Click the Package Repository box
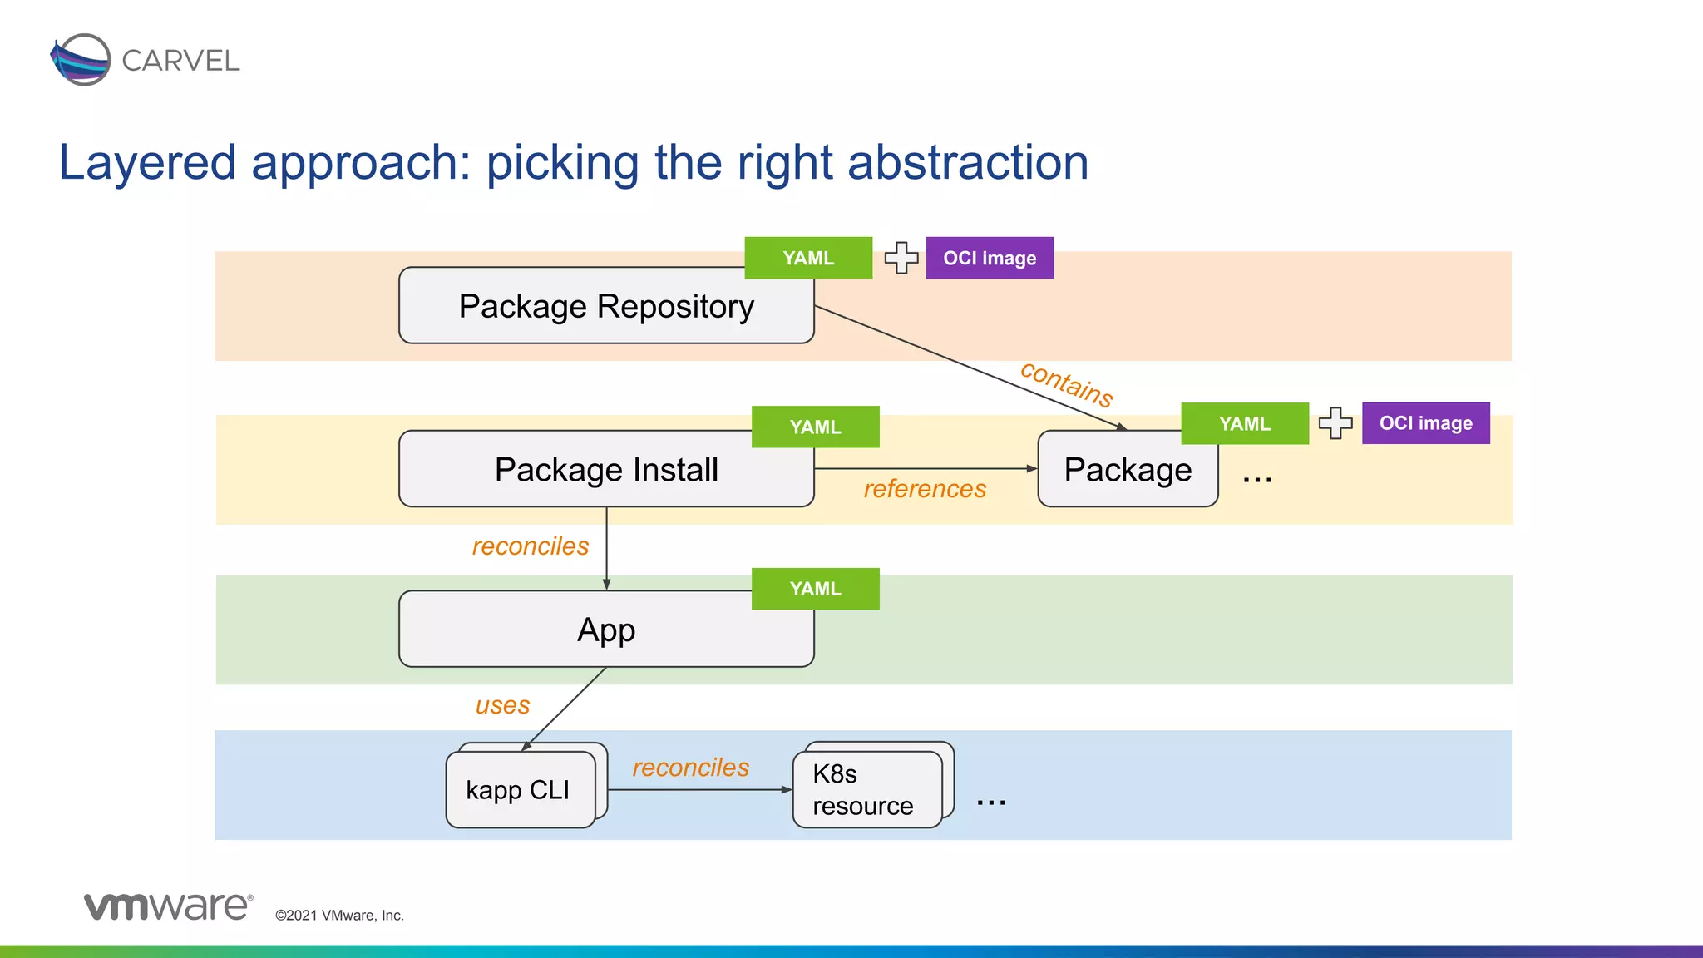click(x=605, y=306)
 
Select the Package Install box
click(x=605, y=470)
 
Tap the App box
click(x=605, y=630)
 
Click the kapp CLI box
click(x=519, y=790)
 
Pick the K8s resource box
click(x=865, y=790)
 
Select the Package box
click(x=1127, y=470)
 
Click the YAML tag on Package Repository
click(x=808, y=258)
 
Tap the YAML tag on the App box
click(x=815, y=589)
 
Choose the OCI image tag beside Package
click(x=1425, y=423)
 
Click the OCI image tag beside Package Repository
click(x=990, y=258)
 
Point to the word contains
click(x=1067, y=383)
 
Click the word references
click(x=925, y=489)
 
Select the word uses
click(x=502, y=705)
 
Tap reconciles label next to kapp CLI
click(x=690, y=768)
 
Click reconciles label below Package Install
click(x=531, y=546)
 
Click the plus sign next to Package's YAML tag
click(x=1335, y=423)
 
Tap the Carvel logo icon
click(x=81, y=60)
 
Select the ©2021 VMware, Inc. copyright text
click(x=339, y=916)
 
